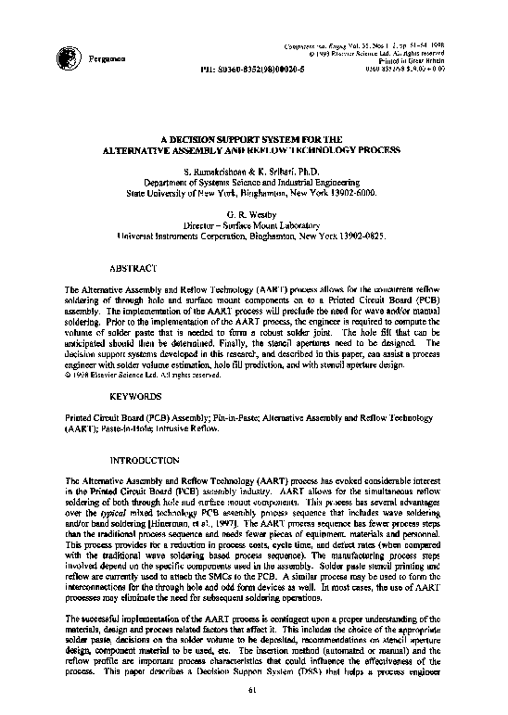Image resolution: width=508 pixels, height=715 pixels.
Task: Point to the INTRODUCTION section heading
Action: coord(145,460)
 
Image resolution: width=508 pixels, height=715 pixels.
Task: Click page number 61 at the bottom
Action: coord(254,689)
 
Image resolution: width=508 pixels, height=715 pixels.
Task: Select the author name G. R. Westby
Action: coord(253,212)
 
